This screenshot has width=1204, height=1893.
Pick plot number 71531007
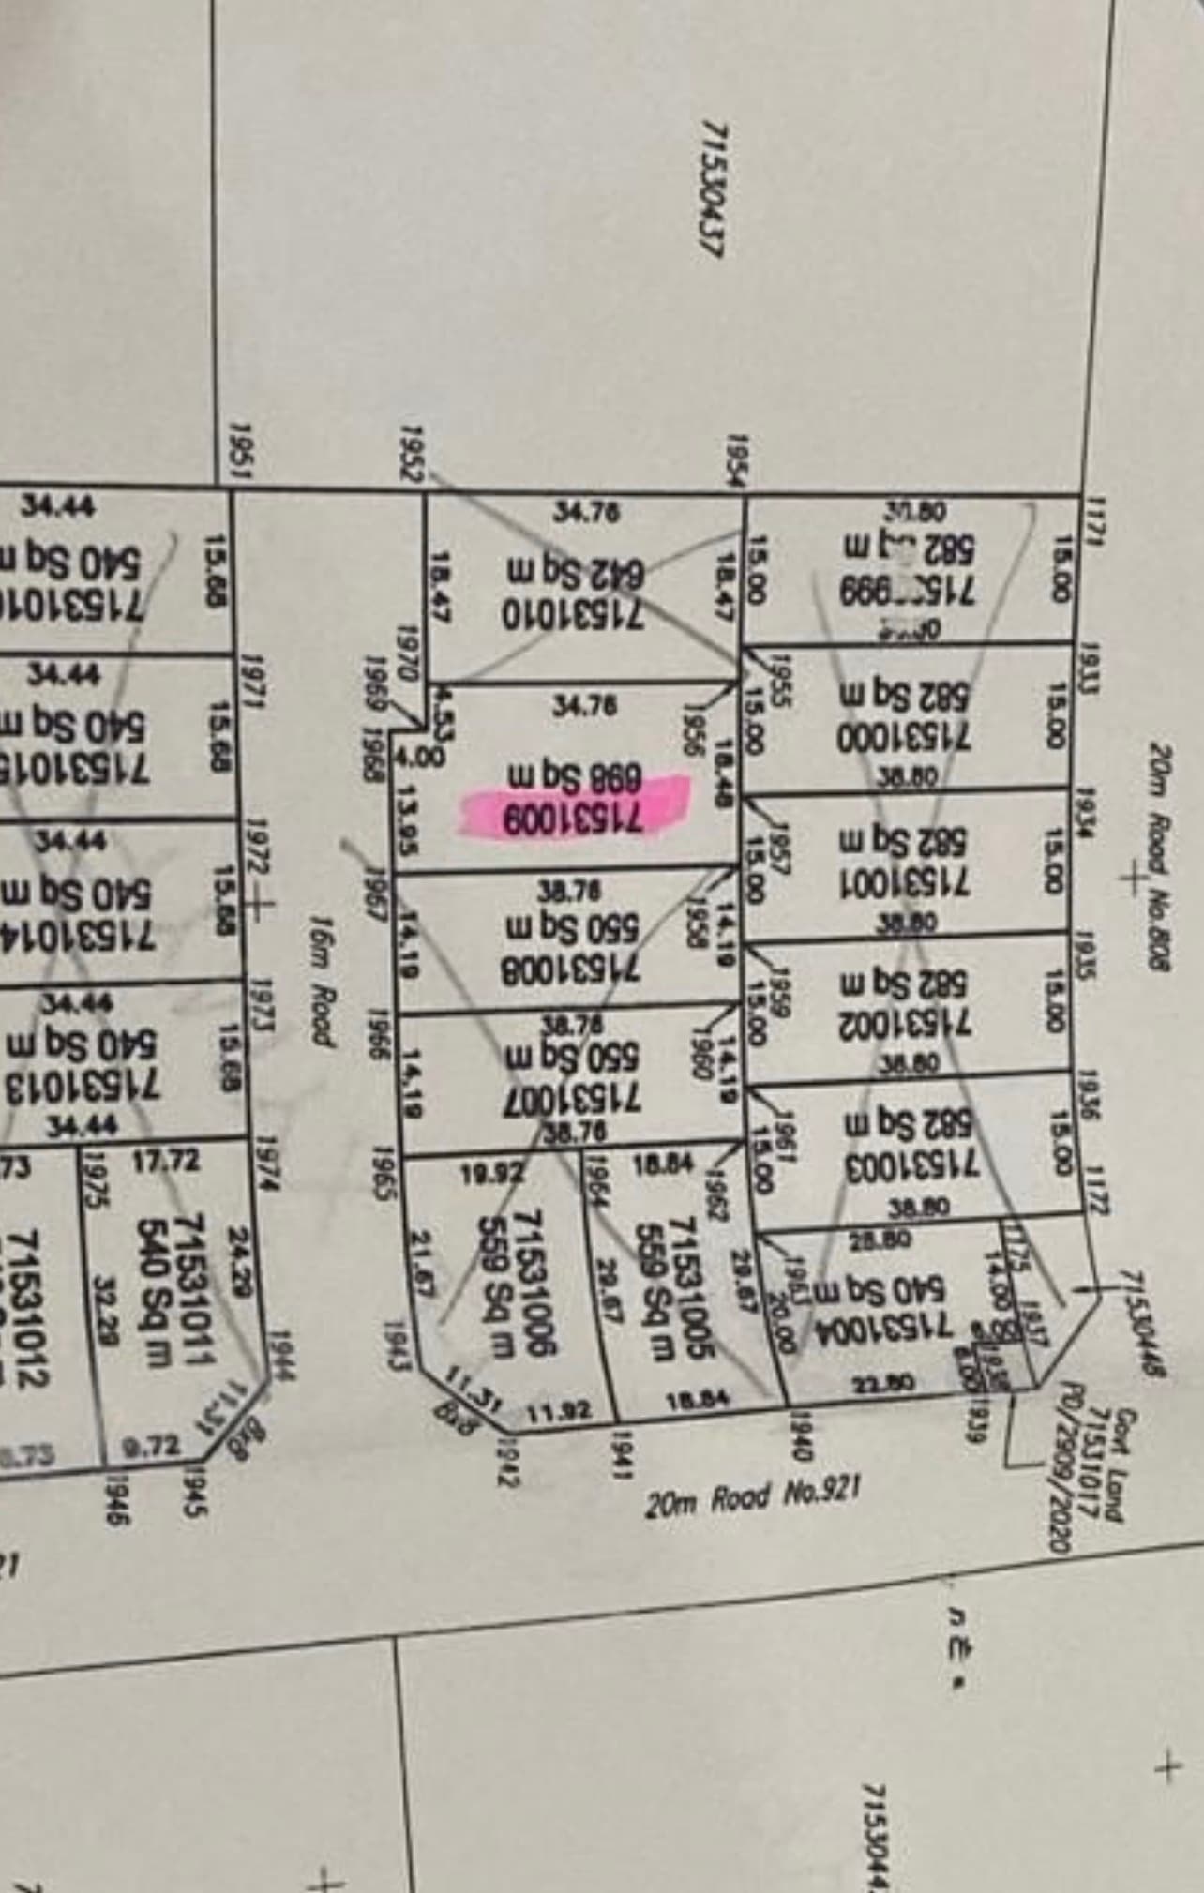572,1095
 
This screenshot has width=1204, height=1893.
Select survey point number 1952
410,453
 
